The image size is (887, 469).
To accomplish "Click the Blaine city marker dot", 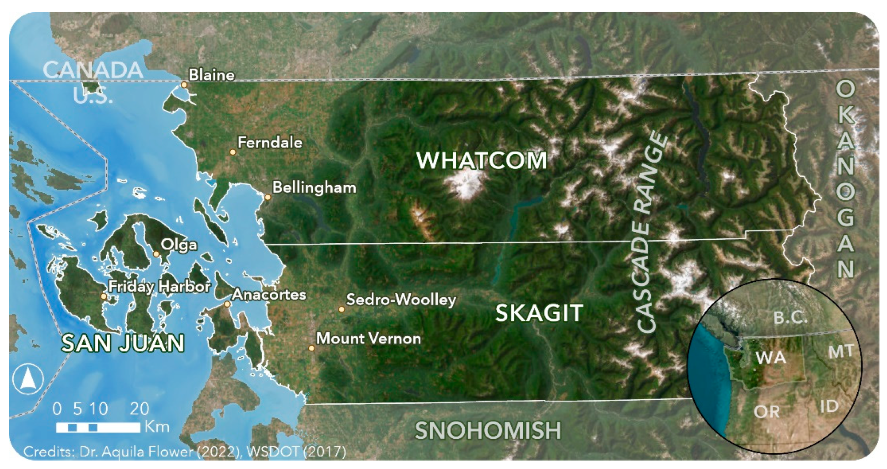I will (x=184, y=85).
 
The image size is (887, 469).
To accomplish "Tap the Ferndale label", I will (x=270, y=142).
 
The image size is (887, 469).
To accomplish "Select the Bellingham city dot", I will (x=268, y=197).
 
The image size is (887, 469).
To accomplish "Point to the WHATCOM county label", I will (x=482, y=160).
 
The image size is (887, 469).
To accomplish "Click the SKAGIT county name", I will (x=539, y=313).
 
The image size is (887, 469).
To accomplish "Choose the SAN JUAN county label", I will (x=123, y=343).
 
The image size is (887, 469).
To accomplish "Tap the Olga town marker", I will (x=156, y=254).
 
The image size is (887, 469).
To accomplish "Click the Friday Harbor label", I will (x=159, y=287).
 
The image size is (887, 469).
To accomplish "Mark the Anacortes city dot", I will (x=227, y=304).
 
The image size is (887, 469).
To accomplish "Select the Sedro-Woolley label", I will (x=401, y=300).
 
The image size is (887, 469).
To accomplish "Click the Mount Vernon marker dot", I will (x=311, y=348).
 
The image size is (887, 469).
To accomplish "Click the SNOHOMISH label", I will (x=488, y=431).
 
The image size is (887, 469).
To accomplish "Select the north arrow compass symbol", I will (x=28, y=379).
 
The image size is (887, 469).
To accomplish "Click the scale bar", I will (x=98, y=427).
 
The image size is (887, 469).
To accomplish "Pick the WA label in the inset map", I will (x=771, y=358).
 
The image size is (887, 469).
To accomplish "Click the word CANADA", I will (x=93, y=70).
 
